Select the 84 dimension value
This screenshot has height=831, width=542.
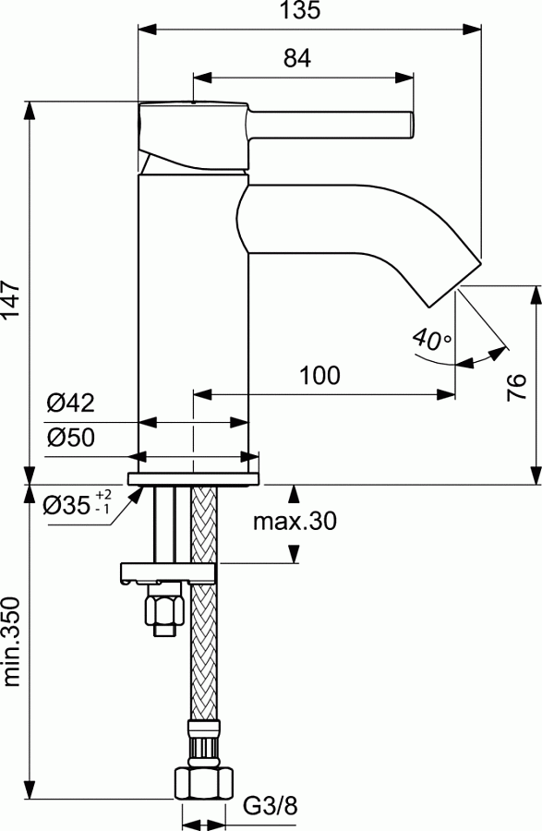pyautogui.click(x=296, y=58)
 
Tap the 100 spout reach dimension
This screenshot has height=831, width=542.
pyautogui.click(x=319, y=376)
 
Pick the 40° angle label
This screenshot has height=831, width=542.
pyautogui.click(x=431, y=340)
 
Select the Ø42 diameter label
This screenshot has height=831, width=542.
pyautogui.click(x=70, y=403)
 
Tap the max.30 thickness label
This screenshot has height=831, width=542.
pyautogui.click(x=295, y=521)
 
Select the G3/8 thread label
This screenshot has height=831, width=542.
pyautogui.click(x=271, y=808)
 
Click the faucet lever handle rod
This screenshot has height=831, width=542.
pyautogui.click(x=332, y=124)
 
